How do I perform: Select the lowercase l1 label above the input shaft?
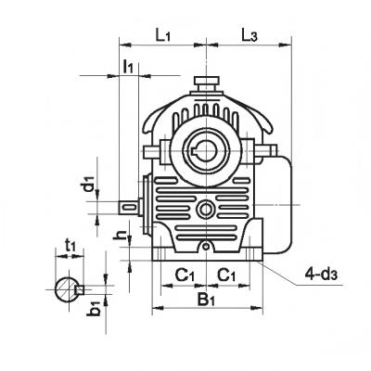(130, 67)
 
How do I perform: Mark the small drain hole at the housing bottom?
(205, 247)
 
